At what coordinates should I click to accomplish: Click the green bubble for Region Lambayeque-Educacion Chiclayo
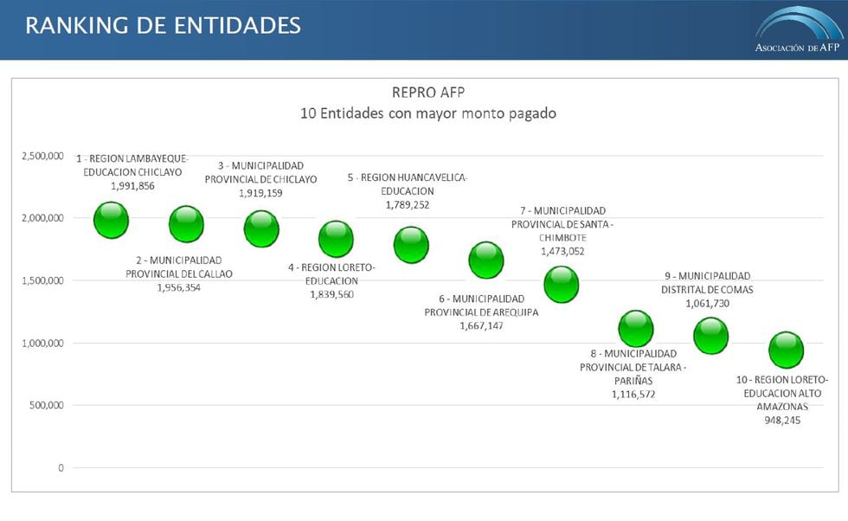click(x=111, y=220)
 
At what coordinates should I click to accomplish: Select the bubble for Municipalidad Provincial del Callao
click(x=186, y=224)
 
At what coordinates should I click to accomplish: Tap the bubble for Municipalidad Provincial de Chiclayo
click(x=261, y=228)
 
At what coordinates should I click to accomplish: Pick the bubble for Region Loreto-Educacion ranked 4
click(x=336, y=239)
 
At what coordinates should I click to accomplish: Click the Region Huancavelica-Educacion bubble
click(x=411, y=244)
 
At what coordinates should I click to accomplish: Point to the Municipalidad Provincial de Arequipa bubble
click(x=486, y=259)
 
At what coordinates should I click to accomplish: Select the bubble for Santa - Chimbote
click(x=562, y=283)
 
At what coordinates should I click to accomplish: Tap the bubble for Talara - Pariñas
click(x=636, y=328)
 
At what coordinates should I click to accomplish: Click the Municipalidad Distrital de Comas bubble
click(x=711, y=335)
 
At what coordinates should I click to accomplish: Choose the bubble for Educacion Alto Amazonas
click(x=787, y=350)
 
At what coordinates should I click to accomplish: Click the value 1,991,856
click(x=132, y=185)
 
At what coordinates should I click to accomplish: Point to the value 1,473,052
click(x=563, y=251)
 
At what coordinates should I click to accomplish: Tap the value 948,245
click(x=782, y=420)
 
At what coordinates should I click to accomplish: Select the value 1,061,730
click(x=707, y=304)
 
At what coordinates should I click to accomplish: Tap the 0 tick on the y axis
click(x=61, y=468)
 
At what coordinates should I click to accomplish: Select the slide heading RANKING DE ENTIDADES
click(x=163, y=25)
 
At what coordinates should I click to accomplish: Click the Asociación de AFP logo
click(x=797, y=31)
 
